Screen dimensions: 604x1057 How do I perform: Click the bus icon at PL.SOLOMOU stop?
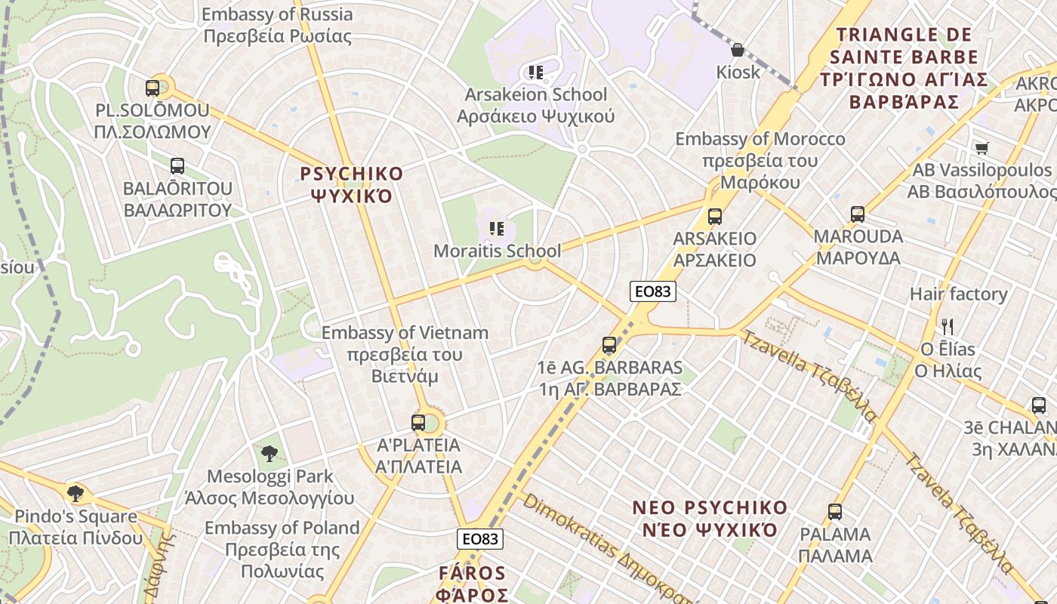(153, 88)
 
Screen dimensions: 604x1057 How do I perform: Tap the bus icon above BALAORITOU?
(177, 166)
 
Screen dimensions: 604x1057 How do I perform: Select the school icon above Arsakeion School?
(536, 72)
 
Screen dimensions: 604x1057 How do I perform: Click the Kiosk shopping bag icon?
(738, 50)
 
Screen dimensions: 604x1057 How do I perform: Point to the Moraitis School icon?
(496, 228)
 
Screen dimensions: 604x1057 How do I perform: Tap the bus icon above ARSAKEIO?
(715, 217)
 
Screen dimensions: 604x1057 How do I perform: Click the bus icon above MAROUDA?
(857, 214)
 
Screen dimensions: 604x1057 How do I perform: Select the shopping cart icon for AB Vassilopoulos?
(981, 148)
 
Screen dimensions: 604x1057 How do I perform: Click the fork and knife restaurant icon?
(948, 327)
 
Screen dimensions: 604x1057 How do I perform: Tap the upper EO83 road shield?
(653, 291)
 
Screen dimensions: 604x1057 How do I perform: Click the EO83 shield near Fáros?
(480, 538)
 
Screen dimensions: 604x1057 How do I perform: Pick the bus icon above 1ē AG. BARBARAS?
(609, 346)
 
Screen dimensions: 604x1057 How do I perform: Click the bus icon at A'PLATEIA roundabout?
(418, 423)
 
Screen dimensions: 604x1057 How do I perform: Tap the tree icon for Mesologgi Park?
(270, 454)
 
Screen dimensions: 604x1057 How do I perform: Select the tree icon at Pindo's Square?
(75, 494)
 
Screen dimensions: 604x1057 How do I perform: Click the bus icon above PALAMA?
(835, 512)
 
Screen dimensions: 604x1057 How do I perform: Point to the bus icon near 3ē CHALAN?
(1039, 405)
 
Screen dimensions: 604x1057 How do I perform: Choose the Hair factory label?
(958, 294)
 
